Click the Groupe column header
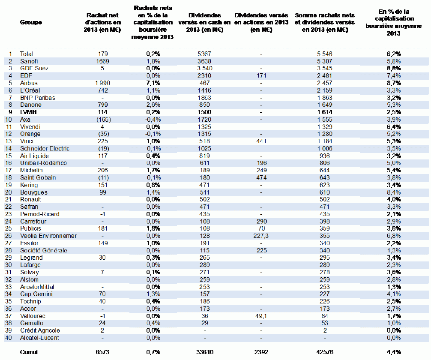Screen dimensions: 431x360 coord(31,22)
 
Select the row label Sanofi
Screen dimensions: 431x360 coord(29,61)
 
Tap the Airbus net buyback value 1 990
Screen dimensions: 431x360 coord(102,83)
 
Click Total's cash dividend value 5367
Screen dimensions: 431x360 coord(204,54)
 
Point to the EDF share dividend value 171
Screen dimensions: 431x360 coord(261,75)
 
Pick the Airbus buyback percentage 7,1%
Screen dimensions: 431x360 coord(153,83)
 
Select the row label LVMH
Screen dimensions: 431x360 coord(28,112)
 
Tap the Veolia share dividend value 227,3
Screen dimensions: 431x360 coord(261,236)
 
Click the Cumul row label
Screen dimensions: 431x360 coord(29,352)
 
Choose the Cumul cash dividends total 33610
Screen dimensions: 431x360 coord(205,352)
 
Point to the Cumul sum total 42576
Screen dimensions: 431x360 coord(325,352)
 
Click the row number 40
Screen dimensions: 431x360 coord(9,338)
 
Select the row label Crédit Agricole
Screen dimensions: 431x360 coord(40,330)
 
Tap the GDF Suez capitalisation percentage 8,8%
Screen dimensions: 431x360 coord(394,69)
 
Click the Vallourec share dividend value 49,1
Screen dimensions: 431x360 coord(261,316)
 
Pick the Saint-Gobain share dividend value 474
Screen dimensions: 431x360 coord(261,178)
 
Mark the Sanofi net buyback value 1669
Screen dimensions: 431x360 coord(102,61)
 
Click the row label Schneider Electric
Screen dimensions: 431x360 coord(45,149)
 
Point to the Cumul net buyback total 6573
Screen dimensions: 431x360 coord(102,352)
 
